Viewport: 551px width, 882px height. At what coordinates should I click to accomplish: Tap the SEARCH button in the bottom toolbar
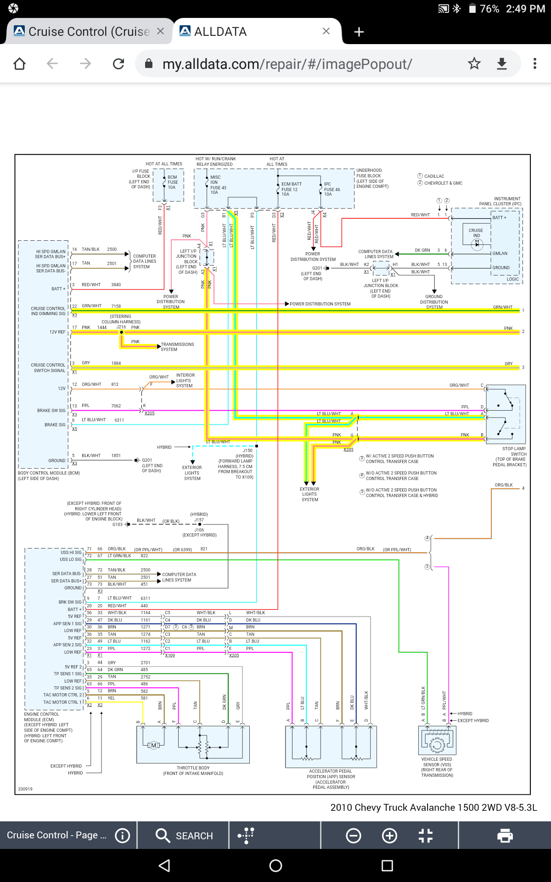pyautogui.click(x=184, y=836)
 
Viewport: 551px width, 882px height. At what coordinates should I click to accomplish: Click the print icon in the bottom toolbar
pyautogui.click(x=505, y=836)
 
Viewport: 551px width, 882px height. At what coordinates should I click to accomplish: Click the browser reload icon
pyautogui.click(x=118, y=64)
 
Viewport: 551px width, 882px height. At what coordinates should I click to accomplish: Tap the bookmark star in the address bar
pyautogui.click(x=474, y=64)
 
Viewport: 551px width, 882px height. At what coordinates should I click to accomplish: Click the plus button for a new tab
pyautogui.click(x=359, y=32)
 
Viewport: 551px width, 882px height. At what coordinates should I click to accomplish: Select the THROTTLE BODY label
pyautogui.click(x=193, y=768)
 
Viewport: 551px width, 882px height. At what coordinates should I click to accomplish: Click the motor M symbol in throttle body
pyautogui.click(x=153, y=745)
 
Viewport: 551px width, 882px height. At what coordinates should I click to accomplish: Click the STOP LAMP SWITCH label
pyautogui.click(x=514, y=451)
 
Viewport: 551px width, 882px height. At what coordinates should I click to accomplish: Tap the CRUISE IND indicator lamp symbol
pyautogui.click(x=477, y=244)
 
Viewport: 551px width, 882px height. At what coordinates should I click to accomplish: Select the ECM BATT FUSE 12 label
pyautogui.click(x=291, y=189)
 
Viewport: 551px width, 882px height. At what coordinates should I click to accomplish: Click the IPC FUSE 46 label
pyautogui.click(x=332, y=189)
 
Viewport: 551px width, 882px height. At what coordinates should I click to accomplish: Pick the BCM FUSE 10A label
pyautogui.click(x=172, y=182)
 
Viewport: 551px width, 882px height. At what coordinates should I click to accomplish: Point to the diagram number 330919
pyautogui.click(x=25, y=789)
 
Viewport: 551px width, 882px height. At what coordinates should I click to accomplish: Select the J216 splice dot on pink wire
pyautogui.click(x=122, y=332)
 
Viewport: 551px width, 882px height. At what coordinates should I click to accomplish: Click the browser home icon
pyautogui.click(x=20, y=64)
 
